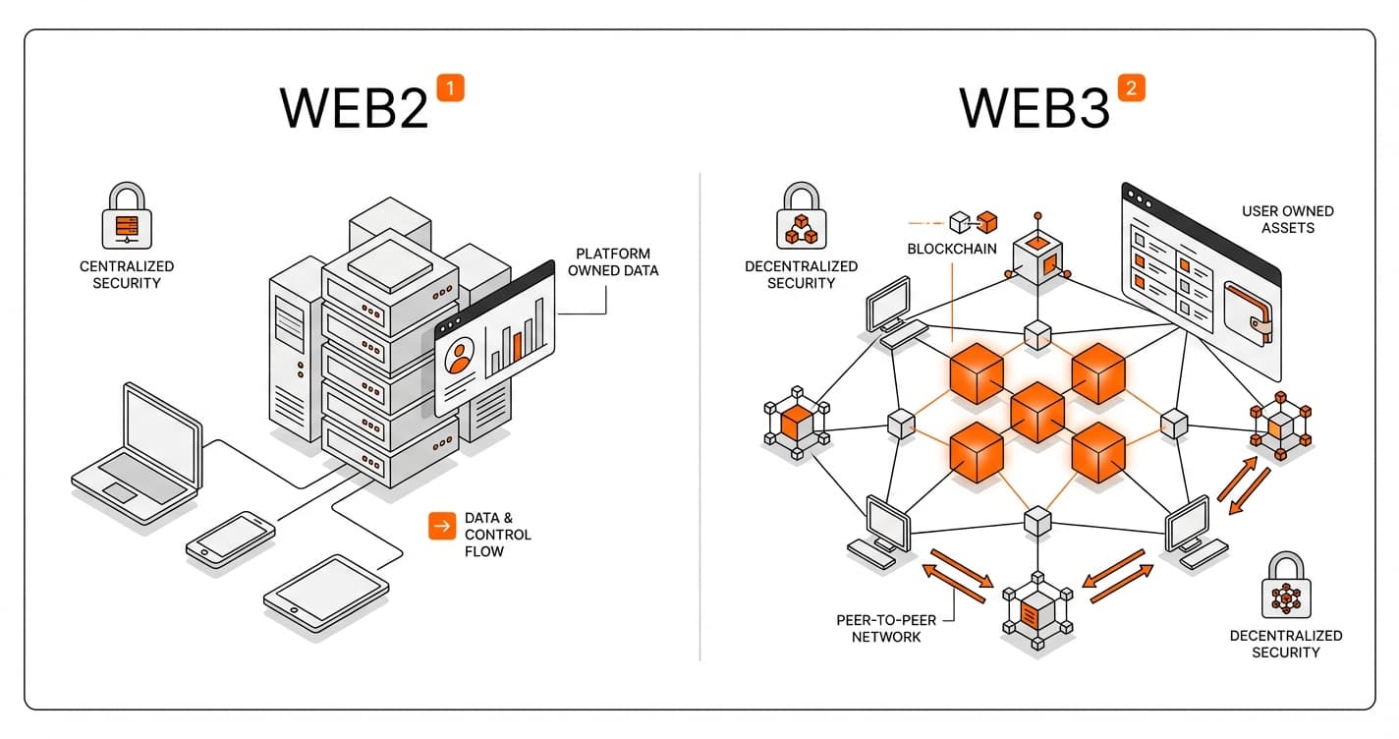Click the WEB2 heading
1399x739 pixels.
(355, 107)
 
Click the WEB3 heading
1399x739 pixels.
(1035, 107)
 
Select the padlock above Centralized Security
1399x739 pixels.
(128, 217)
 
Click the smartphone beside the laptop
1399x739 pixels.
(231, 538)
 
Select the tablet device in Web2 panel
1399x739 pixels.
(326, 592)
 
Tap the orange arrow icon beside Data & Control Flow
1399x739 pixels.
(442, 527)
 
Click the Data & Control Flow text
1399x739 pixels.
(497, 535)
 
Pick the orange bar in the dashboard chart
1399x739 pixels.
(517, 348)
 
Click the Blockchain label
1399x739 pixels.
(951, 249)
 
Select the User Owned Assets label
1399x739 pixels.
(1287, 219)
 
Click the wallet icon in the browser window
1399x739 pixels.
(1249, 312)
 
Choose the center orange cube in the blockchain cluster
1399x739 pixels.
(1037, 413)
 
